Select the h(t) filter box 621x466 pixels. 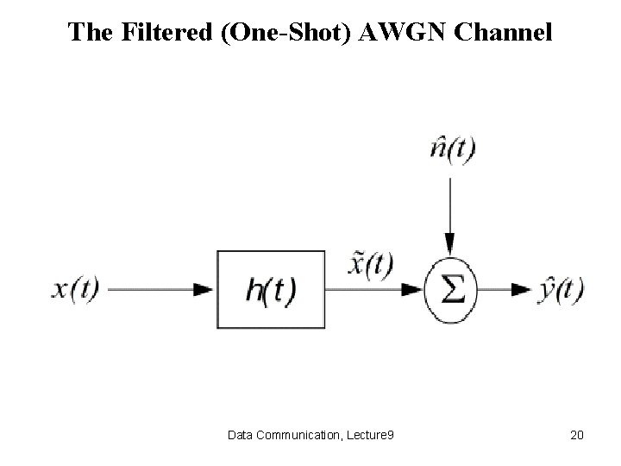(x=270, y=291)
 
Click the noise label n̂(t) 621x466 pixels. (x=452, y=151)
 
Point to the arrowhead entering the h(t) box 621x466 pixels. (x=204, y=291)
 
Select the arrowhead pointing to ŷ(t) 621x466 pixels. (x=520, y=291)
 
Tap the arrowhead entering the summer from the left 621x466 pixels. (x=413, y=291)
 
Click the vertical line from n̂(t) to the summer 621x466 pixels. (x=448, y=207)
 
